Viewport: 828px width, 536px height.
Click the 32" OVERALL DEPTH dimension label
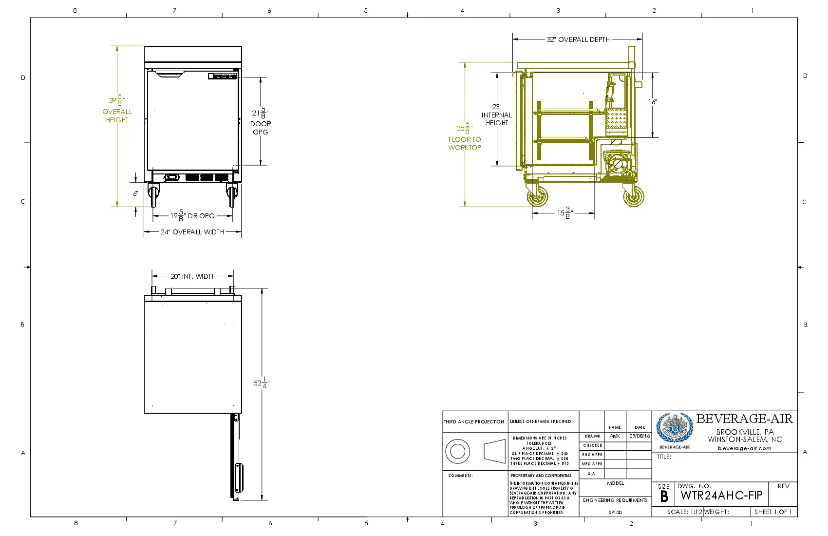tap(578, 39)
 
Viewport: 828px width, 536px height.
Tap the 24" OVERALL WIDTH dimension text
tap(192, 232)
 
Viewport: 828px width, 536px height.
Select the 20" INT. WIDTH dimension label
tap(193, 276)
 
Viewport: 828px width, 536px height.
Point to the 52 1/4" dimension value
tap(261, 383)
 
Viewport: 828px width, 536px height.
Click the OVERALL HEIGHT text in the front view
tap(117, 115)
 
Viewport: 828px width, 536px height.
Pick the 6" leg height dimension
tap(135, 193)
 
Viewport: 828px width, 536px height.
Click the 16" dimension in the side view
tap(652, 102)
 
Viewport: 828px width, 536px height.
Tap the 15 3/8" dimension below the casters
tap(565, 213)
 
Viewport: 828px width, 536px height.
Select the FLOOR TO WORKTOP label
tap(465, 143)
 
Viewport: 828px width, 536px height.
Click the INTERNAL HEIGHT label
tap(497, 118)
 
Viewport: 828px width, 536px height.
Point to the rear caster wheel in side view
tap(633, 197)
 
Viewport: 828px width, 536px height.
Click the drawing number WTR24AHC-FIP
tap(721, 496)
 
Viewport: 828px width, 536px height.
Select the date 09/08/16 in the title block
tap(639, 436)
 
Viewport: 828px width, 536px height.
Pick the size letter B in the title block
tap(664, 497)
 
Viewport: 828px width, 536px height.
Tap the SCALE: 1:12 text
tap(684, 512)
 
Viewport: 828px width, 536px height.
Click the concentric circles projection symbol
tap(457, 451)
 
